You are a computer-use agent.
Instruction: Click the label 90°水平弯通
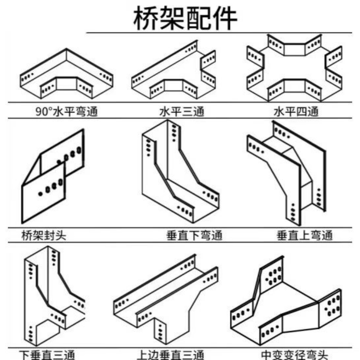(x=66, y=112)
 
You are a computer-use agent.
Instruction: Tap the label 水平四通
(x=295, y=112)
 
